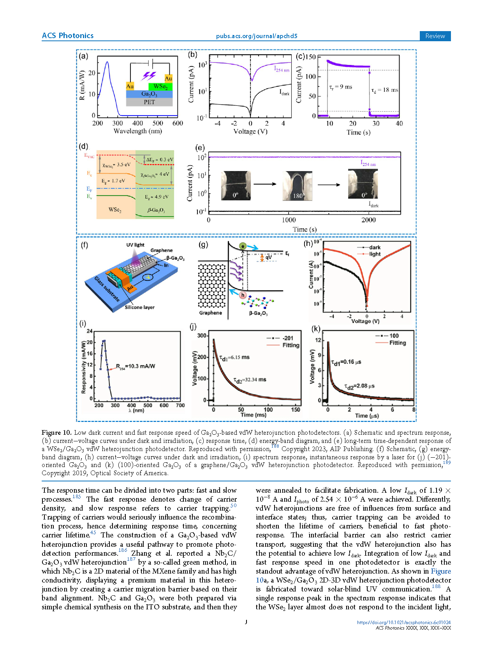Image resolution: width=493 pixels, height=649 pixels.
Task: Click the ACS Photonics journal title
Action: click(x=67, y=35)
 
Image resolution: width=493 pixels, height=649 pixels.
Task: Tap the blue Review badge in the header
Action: click(x=435, y=36)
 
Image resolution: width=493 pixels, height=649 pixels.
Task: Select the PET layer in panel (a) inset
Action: click(x=149, y=102)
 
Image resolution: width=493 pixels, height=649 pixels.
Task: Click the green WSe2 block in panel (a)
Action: click(x=160, y=86)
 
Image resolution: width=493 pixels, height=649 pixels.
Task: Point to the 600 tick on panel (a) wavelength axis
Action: click(x=177, y=123)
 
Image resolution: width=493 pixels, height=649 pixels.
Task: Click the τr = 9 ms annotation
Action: click(x=340, y=87)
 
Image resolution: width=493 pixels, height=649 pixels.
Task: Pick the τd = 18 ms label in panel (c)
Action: click(x=385, y=90)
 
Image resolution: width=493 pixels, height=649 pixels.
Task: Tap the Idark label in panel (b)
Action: click(x=284, y=93)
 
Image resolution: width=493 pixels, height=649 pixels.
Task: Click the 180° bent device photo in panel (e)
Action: click(x=297, y=186)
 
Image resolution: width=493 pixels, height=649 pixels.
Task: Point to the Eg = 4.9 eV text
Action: click(x=156, y=197)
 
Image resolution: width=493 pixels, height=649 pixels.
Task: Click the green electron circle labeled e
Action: click(x=243, y=246)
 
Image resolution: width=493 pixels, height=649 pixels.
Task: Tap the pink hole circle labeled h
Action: click(x=243, y=295)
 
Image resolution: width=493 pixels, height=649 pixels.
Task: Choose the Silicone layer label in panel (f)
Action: click(x=139, y=307)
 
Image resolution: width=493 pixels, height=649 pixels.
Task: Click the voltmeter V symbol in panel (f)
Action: click(x=148, y=277)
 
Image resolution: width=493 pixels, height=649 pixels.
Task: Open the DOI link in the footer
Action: click(x=404, y=622)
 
